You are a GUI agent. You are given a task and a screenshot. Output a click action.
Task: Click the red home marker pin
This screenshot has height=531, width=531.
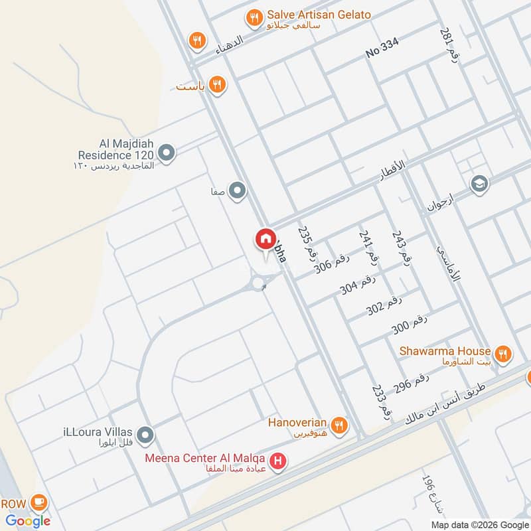click(x=265, y=240)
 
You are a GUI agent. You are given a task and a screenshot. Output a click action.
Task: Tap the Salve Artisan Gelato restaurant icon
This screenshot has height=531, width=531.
click(x=254, y=19)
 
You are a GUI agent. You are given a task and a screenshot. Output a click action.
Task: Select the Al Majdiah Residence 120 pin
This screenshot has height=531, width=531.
click(x=167, y=154)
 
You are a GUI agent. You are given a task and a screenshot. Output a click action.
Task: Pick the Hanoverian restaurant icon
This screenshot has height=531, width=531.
click(x=339, y=425)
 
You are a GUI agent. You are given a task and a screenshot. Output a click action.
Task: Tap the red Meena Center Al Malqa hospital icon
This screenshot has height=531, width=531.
click(x=278, y=459)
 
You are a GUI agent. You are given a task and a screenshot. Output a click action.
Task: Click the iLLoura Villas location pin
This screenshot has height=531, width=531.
click(x=146, y=435)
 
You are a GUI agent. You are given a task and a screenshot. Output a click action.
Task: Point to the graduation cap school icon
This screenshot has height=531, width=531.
click(x=479, y=185)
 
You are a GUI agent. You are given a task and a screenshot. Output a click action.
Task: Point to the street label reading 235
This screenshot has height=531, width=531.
click(x=306, y=243)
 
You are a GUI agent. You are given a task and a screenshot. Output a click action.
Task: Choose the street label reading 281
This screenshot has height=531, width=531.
click(x=446, y=43)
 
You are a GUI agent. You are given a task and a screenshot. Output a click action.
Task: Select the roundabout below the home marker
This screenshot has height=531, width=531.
click(x=260, y=284)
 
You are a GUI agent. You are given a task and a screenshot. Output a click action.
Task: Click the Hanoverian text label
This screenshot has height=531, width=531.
click(x=297, y=422)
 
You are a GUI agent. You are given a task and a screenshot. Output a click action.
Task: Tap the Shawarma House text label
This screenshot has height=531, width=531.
click(x=445, y=351)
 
